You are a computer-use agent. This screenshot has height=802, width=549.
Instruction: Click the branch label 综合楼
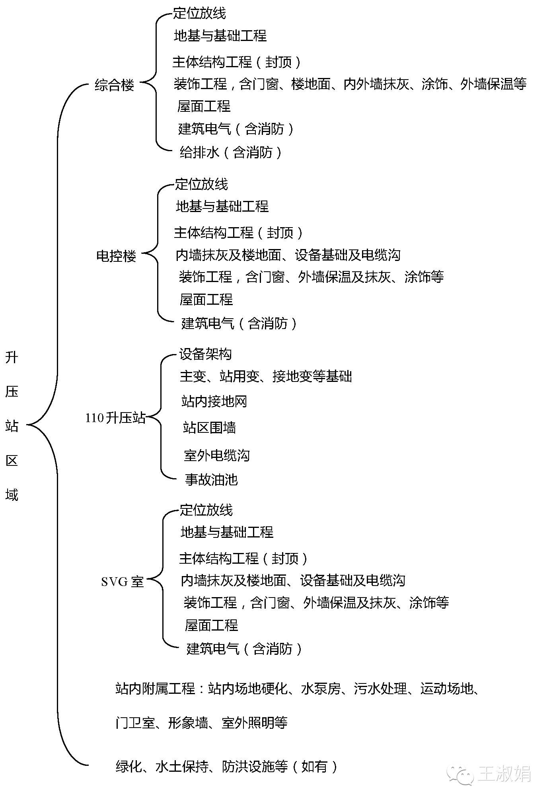115,85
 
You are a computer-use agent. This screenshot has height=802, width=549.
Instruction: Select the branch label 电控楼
116,256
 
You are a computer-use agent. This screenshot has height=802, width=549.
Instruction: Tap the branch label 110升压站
115,418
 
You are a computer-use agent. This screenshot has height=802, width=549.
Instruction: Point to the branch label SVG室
122,582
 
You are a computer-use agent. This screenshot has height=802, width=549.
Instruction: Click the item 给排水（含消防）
231,152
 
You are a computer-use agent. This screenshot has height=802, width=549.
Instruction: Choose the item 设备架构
205,354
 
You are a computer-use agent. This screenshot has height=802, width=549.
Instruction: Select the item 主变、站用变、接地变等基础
266,376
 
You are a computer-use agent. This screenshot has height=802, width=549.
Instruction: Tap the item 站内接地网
214,401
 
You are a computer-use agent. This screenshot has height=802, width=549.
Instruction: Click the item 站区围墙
209,428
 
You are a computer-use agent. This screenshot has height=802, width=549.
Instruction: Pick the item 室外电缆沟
217,455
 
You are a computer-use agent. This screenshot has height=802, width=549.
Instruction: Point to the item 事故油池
211,479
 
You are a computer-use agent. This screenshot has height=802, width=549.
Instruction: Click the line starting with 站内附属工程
298,689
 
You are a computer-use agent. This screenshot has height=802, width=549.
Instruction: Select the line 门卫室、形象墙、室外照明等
201,723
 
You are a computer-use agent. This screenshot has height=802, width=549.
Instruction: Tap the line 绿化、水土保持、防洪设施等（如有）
227,766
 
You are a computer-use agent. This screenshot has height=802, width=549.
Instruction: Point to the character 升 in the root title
12,358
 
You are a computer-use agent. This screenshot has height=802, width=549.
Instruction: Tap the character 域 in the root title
12,494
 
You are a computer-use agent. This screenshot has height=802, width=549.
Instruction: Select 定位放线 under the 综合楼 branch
199,13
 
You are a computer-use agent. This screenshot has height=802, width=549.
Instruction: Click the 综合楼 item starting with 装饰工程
350,84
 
